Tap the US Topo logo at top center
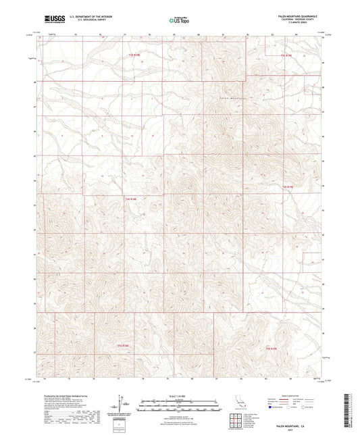(x=177, y=20)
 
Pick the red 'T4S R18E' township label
(x=130, y=199)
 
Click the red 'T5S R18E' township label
(x=119, y=347)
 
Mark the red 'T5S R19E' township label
(x=271, y=348)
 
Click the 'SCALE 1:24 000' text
(x=180, y=395)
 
